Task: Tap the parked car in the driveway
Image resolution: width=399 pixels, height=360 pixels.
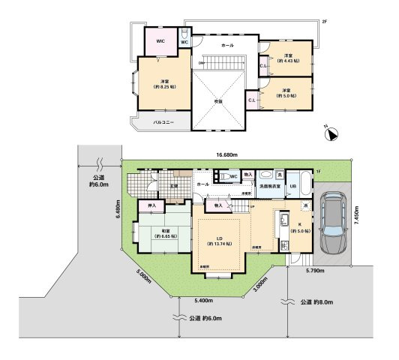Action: [x=331, y=223]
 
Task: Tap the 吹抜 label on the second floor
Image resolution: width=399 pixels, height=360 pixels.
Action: [x=220, y=103]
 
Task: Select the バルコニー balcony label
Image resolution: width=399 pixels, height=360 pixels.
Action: [x=163, y=121]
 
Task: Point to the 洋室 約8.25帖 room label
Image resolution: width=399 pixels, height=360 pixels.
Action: [x=163, y=84]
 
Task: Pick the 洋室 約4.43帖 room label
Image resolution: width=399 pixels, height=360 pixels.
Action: [x=289, y=58]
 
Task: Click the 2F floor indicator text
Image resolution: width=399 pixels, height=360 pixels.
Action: [x=324, y=22]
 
